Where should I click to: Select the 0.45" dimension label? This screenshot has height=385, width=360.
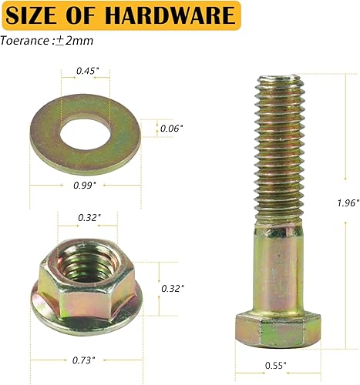pyautogui.click(x=86, y=72)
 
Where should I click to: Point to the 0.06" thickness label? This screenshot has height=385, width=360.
pyautogui.click(x=170, y=129)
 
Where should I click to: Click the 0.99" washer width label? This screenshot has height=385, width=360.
pyautogui.click(x=85, y=186)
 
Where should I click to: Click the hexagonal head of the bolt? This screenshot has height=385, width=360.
pyautogui.click(x=279, y=329)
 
